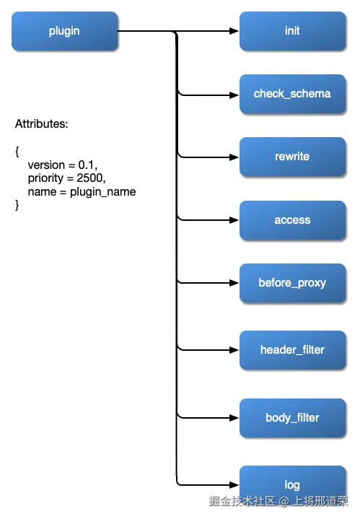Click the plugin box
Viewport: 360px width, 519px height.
coord(64,31)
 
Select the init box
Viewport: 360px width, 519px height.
coord(292,31)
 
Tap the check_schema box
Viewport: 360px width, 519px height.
coord(292,94)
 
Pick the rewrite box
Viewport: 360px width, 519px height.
coord(292,157)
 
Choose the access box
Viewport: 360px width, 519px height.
coord(292,220)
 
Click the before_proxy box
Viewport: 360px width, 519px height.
coord(292,283)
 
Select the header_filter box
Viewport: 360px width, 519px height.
coord(292,350)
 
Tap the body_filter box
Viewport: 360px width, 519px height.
coord(292,418)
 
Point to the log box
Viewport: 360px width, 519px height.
coord(292,485)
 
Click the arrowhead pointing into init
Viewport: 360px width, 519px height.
coord(234,31)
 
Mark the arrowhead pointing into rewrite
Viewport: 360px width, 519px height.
coord(234,157)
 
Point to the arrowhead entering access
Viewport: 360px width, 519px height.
coord(234,220)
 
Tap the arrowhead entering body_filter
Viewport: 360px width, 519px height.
coord(234,418)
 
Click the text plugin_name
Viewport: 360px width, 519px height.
coord(103,192)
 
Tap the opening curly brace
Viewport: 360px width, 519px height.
coord(17,152)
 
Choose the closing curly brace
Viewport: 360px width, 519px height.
coord(17,205)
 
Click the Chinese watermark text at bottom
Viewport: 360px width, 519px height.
coord(278,501)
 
